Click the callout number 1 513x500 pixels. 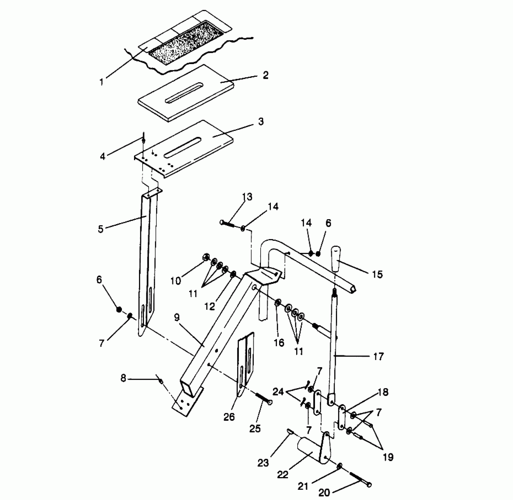click(102, 82)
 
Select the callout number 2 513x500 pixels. click(265, 75)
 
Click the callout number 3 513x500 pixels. click(261, 121)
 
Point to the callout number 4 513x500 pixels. click(102, 156)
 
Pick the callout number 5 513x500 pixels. click(101, 229)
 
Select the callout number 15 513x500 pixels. click(377, 274)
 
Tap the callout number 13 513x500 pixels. click(247, 197)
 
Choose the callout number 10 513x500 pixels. click(175, 281)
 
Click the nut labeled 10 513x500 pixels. click(206, 257)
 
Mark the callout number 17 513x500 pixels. click(378, 356)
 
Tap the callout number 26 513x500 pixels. click(229, 417)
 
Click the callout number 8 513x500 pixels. click(123, 378)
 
